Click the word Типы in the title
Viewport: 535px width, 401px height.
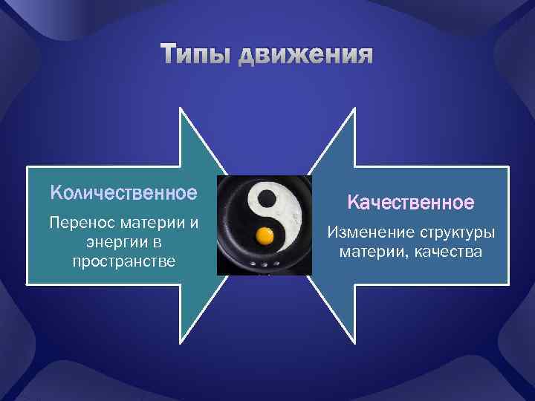pyautogui.click(x=196, y=56)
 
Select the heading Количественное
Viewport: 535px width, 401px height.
pyautogui.click(x=123, y=193)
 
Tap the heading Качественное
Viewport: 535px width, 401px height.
pyautogui.click(x=411, y=202)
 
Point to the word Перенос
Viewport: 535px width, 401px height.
pyautogui.click(x=78, y=223)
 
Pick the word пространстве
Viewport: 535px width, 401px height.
pyautogui.click(x=123, y=261)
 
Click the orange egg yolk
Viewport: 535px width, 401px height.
pyautogui.click(x=265, y=237)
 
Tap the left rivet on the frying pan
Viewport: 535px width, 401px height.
pyautogui.click(x=253, y=264)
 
